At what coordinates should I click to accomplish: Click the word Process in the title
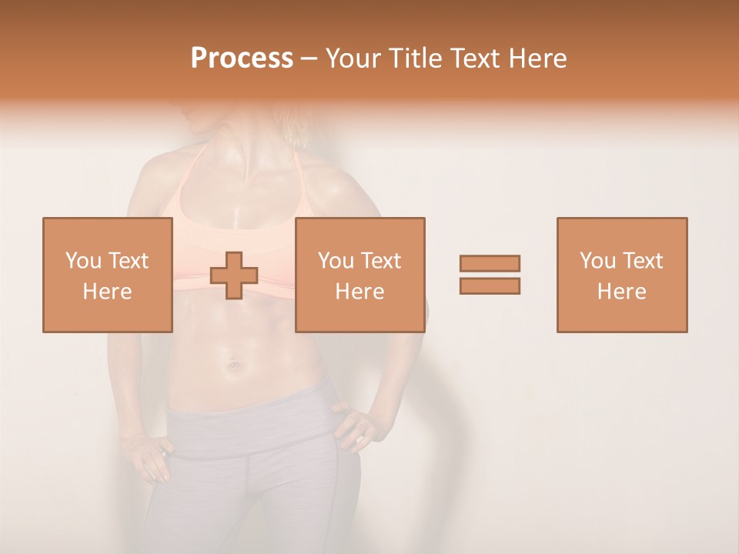[242, 58]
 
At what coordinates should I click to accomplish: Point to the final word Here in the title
[540, 58]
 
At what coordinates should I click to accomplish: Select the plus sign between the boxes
[234, 275]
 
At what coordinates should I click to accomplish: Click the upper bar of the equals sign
[490, 263]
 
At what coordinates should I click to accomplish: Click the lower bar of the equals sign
[490, 285]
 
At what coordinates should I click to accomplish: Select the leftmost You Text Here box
[107, 275]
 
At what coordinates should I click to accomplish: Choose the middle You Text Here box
[359, 275]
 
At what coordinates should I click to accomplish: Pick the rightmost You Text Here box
[621, 275]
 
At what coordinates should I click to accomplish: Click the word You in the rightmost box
[597, 261]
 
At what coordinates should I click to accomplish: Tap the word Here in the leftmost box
[107, 291]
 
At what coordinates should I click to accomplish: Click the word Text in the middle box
[380, 261]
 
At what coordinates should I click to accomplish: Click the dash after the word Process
[309, 59]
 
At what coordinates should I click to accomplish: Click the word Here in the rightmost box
[621, 291]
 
